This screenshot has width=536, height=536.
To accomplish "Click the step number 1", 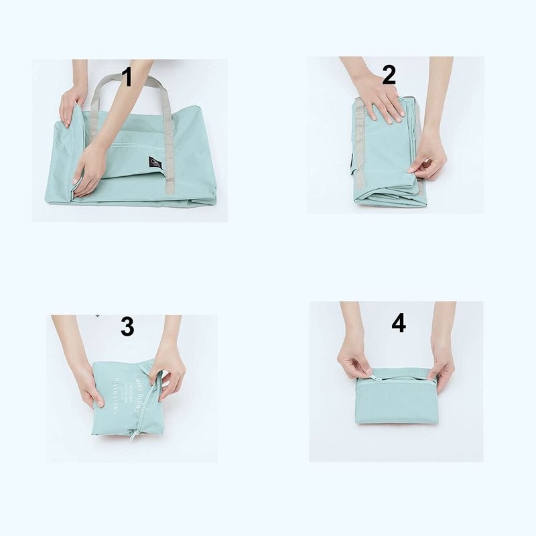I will [x=127, y=77].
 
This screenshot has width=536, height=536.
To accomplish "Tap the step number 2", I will [x=389, y=76].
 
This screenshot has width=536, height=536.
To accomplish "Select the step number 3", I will [x=127, y=328].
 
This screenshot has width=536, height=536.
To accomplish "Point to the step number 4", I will [x=399, y=324].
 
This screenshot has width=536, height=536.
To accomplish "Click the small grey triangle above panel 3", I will [x=98, y=315].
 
